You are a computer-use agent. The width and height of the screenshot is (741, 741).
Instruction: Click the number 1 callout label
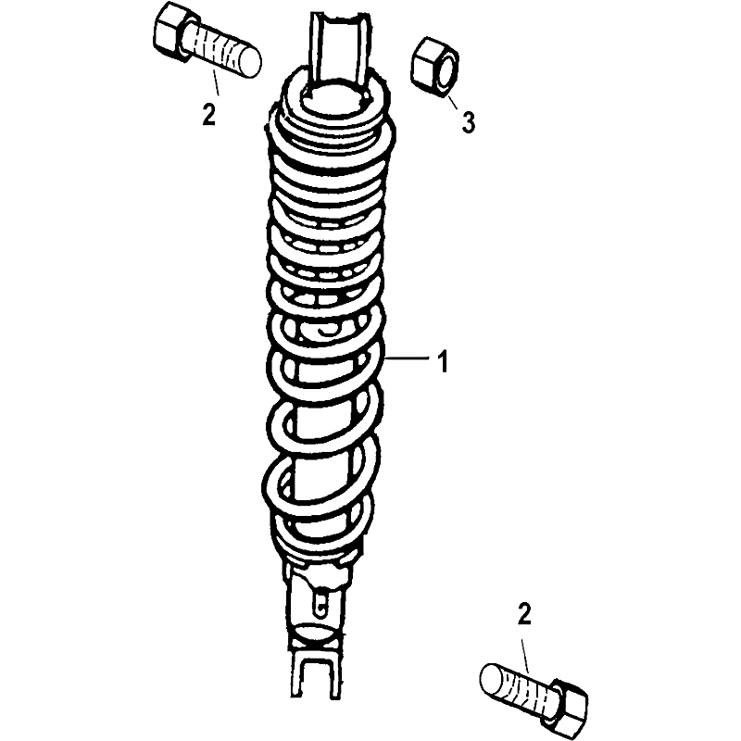[443, 361]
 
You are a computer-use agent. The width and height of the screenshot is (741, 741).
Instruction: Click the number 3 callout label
[468, 122]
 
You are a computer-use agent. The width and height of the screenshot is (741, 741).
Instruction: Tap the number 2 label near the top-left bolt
[209, 114]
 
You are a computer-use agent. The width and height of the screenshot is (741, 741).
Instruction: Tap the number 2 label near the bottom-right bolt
[524, 615]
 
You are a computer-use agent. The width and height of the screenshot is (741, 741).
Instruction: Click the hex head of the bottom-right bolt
[567, 704]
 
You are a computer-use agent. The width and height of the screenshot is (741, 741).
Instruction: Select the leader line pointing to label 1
[408, 358]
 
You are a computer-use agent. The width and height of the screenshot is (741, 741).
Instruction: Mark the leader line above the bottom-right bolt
[526, 656]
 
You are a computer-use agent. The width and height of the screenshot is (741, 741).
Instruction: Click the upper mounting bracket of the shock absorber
[339, 52]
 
